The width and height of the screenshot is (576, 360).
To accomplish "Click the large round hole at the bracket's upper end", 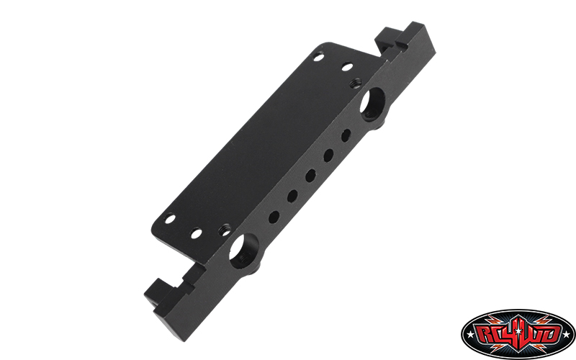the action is [x=372, y=104].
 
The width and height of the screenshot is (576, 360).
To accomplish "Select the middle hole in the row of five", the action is [x=311, y=176].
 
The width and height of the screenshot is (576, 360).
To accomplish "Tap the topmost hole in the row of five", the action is [x=346, y=135].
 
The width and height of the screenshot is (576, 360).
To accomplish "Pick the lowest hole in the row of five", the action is [x=274, y=217].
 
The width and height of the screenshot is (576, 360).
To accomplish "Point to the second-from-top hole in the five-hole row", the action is [x=328, y=156].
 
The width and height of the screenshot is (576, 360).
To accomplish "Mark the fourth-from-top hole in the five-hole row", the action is [x=292, y=196].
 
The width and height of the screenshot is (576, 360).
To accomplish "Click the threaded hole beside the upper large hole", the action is [x=356, y=83].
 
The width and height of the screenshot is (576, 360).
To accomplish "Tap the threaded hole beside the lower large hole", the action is [x=225, y=230].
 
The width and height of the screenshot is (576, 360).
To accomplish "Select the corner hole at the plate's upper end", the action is [x=318, y=58].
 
